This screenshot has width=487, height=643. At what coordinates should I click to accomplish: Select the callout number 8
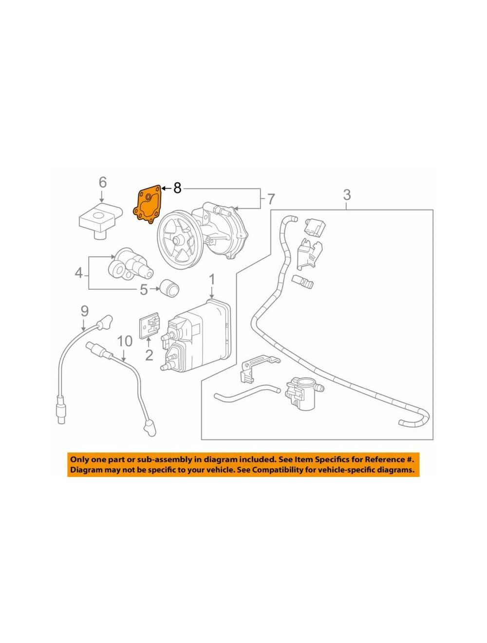coord(177,188)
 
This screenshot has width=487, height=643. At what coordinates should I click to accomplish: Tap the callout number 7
coord(271,200)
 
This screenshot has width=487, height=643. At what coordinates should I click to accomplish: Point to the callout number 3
coord(347,194)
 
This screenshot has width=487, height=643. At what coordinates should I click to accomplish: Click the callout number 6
coord(103,182)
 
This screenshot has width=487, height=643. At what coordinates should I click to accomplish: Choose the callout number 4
coord(78,273)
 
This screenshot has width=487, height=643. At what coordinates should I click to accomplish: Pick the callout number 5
coord(144,290)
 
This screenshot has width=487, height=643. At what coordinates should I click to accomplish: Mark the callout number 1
coord(212,280)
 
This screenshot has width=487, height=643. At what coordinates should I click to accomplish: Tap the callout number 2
coord(149,355)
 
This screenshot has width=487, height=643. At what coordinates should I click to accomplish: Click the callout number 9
coord(84,311)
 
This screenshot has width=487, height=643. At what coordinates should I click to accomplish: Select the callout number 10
coord(125,341)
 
